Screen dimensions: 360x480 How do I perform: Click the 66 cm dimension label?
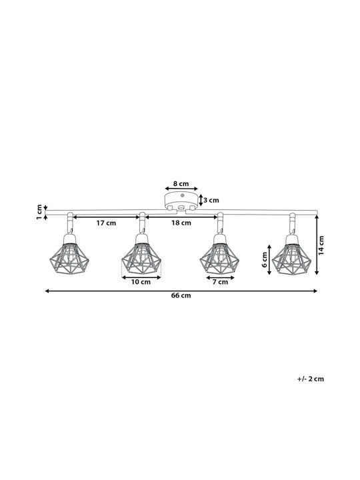181,295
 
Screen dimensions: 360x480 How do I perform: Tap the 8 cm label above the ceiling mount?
181,184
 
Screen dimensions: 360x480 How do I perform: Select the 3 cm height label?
211,200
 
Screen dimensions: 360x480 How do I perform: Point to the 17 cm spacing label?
106,223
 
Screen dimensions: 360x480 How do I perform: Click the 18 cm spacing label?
181,223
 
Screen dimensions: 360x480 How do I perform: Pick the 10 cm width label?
141,282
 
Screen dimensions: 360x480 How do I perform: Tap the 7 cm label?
221,282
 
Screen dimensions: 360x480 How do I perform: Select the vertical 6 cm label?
265,259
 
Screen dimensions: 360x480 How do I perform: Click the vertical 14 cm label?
321,245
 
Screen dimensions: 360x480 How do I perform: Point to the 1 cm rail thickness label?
39,212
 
